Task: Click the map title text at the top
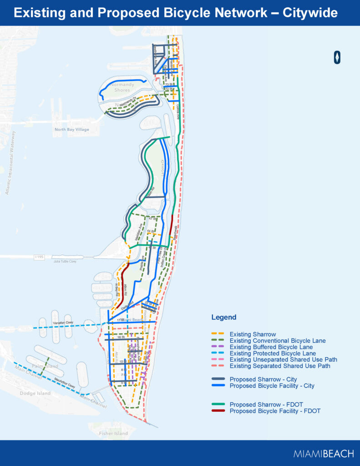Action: tap(176, 13)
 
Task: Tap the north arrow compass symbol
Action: tap(337, 57)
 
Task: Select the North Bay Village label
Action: tap(72, 129)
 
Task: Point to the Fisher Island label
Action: tap(113, 434)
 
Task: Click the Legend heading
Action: tap(224, 317)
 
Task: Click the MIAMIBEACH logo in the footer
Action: tap(323, 453)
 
